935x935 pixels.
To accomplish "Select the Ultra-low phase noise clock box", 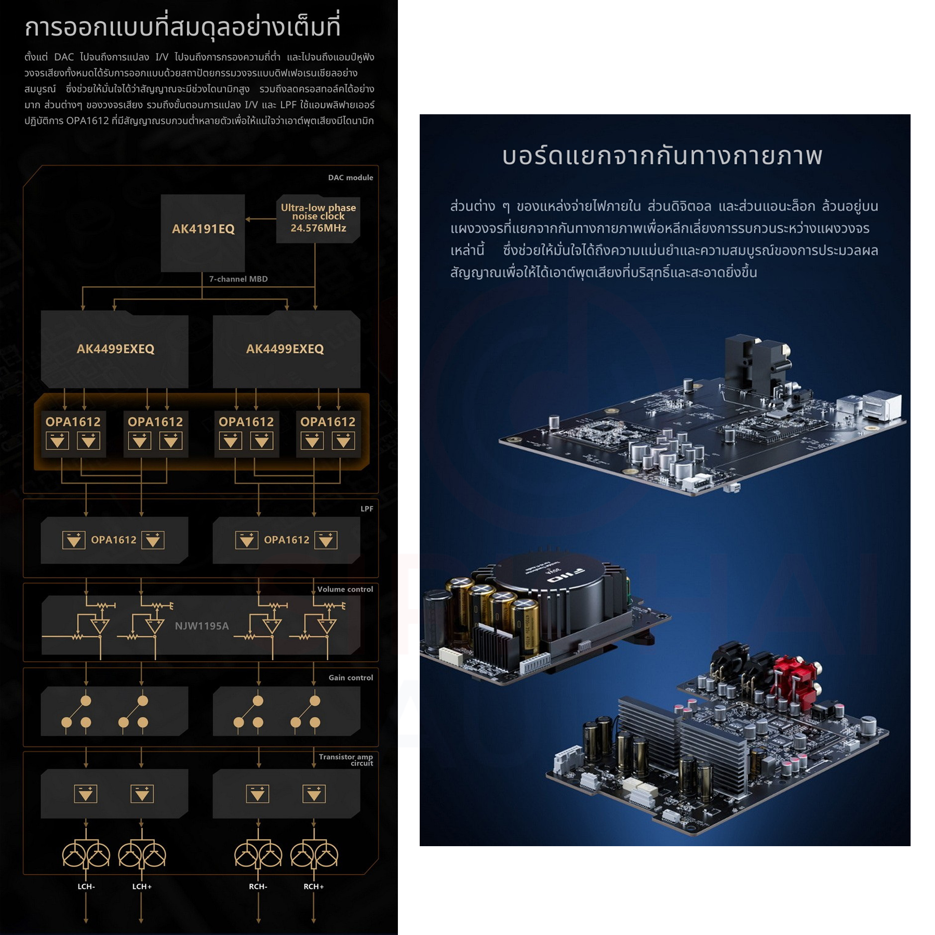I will (x=318, y=218).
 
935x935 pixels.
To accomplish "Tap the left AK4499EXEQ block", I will (x=115, y=349).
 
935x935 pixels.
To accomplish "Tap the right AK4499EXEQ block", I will (x=285, y=349).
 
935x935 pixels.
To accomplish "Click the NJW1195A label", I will (x=202, y=626).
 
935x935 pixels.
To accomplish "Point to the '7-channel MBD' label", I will (x=238, y=279).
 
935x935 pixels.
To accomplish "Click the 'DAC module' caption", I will (x=350, y=178).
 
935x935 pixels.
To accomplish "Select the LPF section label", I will (x=367, y=509).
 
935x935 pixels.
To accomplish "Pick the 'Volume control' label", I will (x=345, y=589).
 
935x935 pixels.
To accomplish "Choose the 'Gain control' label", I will (x=351, y=677).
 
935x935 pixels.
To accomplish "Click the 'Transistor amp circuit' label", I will (x=346, y=759).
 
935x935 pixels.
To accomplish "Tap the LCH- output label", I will (x=86, y=886).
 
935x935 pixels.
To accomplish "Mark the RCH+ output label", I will (x=314, y=886).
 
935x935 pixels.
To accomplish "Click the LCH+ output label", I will (x=142, y=886).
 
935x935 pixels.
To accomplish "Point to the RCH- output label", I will (x=258, y=886).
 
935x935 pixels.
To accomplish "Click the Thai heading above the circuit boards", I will (x=662, y=156).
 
